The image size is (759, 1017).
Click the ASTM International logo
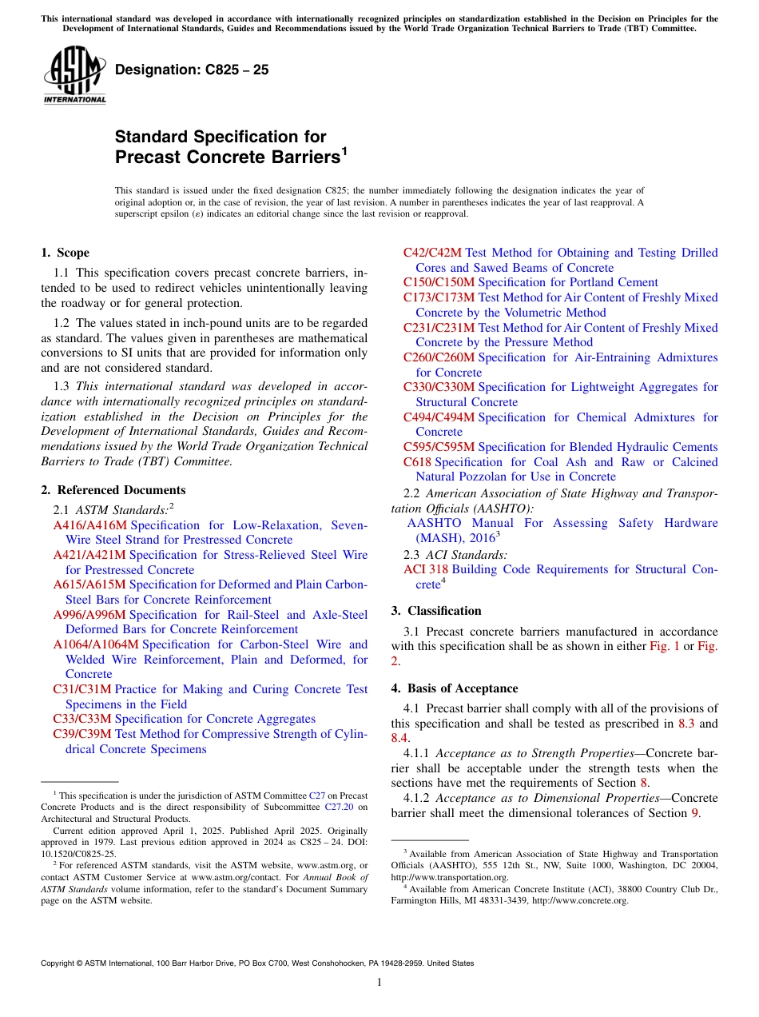pos(74,74)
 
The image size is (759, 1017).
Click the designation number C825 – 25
pos(192,70)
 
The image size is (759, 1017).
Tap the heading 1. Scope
pos(65,253)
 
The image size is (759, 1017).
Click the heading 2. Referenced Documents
pos(113,490)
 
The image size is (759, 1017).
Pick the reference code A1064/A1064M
pos(96,644)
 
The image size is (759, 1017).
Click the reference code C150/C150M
pos(439,282)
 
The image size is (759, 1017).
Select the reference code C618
pos(417,462)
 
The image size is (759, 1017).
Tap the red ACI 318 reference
pos(426,569)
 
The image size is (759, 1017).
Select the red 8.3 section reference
pos(686,724)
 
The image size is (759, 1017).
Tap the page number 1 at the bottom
pos(379,982)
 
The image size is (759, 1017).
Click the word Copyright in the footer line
pos(61,963)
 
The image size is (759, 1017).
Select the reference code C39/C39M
pos(82,734)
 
